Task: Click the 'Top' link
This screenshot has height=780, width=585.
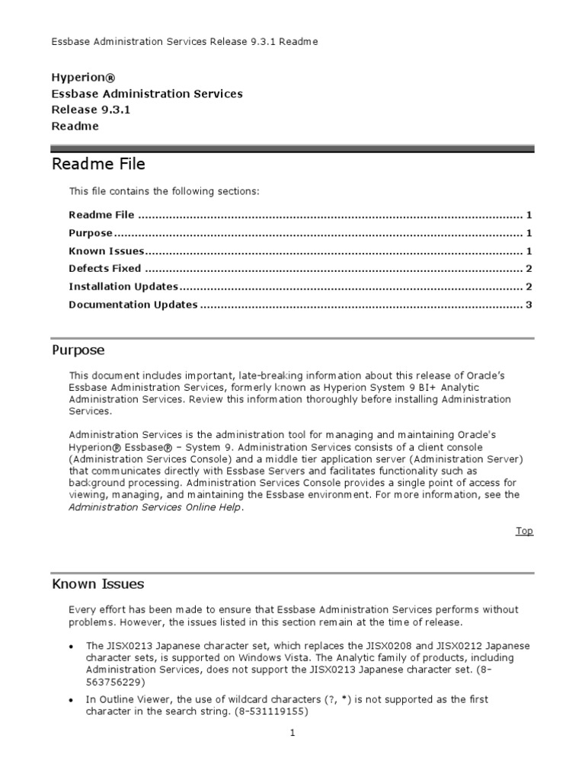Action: (x=524, y=531)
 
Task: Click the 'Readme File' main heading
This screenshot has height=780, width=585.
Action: (x=98, y=164)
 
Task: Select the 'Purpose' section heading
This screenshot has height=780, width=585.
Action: (x=78, y=350)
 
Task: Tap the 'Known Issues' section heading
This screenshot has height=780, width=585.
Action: (x=97, y=584)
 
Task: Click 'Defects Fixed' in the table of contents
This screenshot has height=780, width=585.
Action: (x=104, y=268)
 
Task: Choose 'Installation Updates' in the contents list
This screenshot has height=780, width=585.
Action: (x=123, y=286)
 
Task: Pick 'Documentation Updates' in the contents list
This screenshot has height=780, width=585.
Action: (x=133, y=305)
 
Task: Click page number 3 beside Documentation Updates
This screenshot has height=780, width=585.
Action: (x=528, y=305)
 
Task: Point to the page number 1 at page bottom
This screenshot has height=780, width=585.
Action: (x=292, y=733)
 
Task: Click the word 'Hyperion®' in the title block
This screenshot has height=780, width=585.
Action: (x=83, y=78)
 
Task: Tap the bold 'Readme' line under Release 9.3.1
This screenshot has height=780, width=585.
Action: (x=75, y=126)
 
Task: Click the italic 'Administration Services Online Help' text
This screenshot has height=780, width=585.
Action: (x=155, y=508)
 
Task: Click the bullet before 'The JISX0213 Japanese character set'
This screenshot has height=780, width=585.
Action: (x=71, y=646)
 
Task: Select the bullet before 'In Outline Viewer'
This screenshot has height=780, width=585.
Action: (x=71, y=700)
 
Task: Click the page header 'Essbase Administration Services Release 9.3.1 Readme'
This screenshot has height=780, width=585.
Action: (x=184, y=42)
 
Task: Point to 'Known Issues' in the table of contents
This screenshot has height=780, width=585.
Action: (x=106, y=251)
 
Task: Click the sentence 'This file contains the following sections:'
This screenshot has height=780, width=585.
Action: (x=164, y=191)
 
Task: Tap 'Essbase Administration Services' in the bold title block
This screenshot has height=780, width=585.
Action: (x=147, y=94)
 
